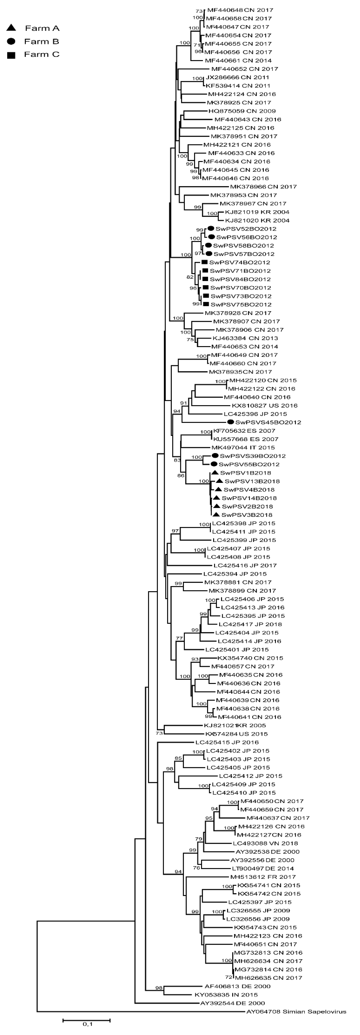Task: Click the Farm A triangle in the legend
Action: tap(11, 28)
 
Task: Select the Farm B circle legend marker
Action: tap(11, 41)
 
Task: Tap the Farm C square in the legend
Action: tap(11, 55)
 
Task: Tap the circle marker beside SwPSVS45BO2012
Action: tap(230, 422)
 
